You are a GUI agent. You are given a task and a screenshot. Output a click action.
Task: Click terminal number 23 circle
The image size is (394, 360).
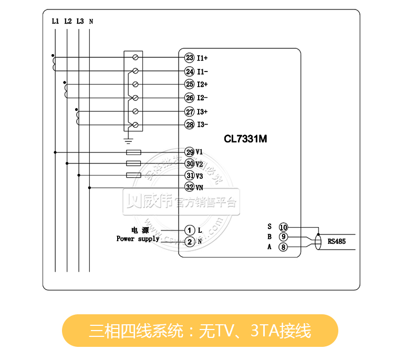tap(190, 58)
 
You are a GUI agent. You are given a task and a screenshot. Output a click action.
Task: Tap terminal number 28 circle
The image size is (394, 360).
tap(190, 125)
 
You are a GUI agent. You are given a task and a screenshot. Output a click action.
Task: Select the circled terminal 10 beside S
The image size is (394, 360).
tap(283, 227)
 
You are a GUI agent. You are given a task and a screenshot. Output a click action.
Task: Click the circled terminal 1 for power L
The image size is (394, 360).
tap(190, 230)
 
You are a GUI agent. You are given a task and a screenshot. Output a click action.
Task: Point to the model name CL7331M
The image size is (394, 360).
tap(246, 139)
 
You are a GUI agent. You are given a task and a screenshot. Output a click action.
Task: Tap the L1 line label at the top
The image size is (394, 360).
tap(55, 22)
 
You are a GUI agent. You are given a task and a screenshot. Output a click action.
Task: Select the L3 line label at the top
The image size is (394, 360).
tap(79, 22)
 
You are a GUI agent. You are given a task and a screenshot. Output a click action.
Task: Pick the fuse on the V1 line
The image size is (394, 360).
tap(134, 152)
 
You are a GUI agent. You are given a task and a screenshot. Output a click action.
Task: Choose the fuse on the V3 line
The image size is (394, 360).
tap(134, 175)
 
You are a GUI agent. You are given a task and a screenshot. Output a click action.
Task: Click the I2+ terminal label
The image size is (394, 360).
tap(203, 84)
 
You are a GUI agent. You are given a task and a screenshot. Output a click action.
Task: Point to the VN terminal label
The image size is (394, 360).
tap(200, 187)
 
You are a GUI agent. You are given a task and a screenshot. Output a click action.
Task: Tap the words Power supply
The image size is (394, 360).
tap(138, 239)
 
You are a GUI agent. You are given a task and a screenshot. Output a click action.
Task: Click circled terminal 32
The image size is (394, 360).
tap(190, 187)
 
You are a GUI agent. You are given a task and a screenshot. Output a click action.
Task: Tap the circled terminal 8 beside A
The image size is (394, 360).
tap(283, 247)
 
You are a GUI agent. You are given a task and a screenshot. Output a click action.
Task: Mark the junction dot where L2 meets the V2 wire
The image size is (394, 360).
tap(67, 163)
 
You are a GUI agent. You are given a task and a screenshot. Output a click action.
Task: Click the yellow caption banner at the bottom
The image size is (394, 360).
tap(200, 331)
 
